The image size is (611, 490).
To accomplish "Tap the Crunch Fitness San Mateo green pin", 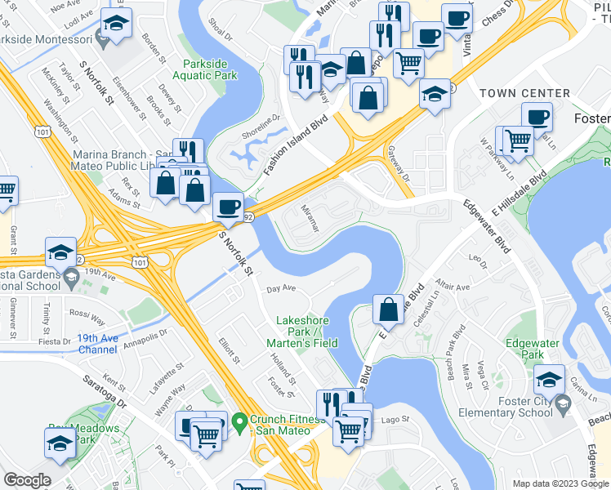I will click(239, 422).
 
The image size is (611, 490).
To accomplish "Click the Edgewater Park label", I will click(524, 349).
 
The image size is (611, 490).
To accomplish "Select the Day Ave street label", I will click(281, 288).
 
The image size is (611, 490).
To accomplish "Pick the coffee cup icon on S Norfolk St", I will click(228, 207).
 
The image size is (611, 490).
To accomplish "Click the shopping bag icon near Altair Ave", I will click(388, 310).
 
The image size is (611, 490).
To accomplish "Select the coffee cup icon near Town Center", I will click(537, 117).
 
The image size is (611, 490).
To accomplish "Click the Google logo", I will click(27, 479).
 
